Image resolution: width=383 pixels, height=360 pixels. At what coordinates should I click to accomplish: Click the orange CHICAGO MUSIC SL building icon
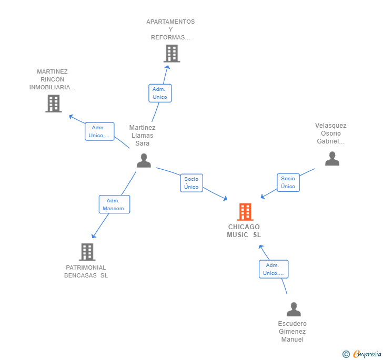click(x=245, y=212)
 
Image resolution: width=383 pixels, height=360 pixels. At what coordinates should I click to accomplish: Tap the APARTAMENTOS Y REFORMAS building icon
click(x=172, y=54)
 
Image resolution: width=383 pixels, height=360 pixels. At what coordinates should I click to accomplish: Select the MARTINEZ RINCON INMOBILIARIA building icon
click(x=54, y=104)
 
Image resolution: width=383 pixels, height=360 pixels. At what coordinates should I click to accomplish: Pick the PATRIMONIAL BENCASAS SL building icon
click(x=87, y=252)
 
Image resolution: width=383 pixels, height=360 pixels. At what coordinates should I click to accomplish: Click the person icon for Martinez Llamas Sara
click(x=144, y=160)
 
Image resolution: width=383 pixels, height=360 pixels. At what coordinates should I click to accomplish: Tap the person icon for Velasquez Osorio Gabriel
click(x=332, y=158)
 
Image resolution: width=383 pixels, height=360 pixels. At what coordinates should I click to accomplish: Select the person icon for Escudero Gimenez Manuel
click(x=294, y=309)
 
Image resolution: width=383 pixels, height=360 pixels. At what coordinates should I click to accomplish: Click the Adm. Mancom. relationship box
click(x=114, y=204)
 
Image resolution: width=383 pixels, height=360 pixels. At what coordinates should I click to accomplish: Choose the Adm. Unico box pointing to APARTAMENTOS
click(x=160, y=93)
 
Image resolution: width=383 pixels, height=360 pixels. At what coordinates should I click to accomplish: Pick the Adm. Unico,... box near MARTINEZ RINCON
click(x=99, y=131)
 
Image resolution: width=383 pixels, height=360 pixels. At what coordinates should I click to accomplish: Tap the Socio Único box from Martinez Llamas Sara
click(x=191, y=183)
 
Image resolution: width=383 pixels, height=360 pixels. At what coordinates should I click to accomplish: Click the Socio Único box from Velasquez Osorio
click(x=288, y=182)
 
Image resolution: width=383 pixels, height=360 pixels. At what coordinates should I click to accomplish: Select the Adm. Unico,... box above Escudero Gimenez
click(x=274, y=269)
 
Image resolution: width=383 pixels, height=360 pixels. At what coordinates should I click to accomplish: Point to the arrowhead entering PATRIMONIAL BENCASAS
click(x=93, y=236)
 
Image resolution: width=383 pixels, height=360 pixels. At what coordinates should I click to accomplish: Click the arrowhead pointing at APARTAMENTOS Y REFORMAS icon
click(x=167, y=67)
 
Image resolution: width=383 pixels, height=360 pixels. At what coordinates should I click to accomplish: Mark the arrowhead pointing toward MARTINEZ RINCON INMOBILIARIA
click(x=71, y=117)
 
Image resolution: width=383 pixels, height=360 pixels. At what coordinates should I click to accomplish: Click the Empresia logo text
click(x=367, y=354)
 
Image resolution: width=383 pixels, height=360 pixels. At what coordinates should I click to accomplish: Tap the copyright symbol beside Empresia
click(x=346, y=354)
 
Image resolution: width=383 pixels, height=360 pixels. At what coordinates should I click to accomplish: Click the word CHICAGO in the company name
click(x=244, y=227)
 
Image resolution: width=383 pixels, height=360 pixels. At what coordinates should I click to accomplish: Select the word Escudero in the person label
click(x=292, y=323)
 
